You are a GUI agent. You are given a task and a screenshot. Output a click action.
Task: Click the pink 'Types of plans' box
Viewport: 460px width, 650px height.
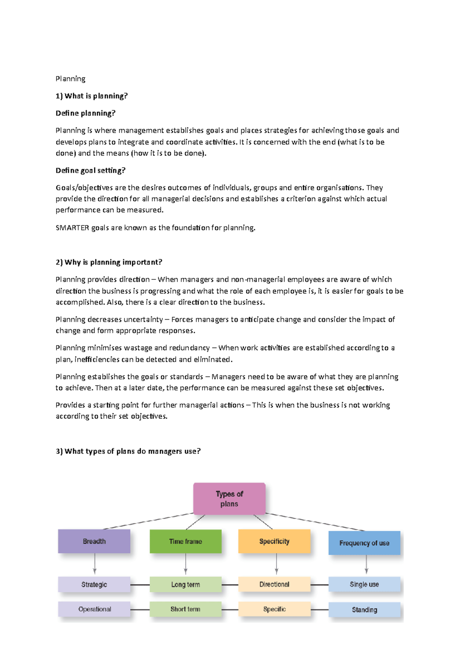(229, 498)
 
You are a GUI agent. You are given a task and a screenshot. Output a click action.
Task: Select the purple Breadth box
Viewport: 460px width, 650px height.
(94, 541)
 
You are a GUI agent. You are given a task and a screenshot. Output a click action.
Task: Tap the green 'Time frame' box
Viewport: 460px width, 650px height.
(186, 541)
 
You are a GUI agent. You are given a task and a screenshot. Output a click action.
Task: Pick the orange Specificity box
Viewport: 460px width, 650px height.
(274, 541)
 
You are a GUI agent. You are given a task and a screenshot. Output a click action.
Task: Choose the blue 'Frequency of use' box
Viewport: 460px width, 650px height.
(364, 543)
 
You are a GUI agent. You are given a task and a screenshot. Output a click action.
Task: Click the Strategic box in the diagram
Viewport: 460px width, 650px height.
(94, 585)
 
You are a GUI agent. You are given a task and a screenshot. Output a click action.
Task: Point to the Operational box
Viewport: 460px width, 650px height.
(94, 609)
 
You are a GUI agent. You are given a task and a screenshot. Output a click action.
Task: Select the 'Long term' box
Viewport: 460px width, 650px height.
(186, 585)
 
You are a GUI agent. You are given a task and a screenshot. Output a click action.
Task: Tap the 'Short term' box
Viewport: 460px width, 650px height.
(186, 609)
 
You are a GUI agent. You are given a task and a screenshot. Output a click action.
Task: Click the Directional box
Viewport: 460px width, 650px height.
(274, 584)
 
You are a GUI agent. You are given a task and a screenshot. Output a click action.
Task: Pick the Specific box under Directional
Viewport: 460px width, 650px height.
(274, 609)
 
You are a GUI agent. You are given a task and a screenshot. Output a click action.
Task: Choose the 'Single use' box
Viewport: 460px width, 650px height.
(364, 585)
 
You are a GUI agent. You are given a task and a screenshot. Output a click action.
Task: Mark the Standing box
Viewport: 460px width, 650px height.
(364, 610)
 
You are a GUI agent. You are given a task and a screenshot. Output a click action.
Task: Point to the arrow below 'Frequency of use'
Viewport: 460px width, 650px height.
(366, 564)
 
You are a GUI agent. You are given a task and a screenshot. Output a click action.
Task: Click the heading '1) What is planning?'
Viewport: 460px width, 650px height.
(92, 96)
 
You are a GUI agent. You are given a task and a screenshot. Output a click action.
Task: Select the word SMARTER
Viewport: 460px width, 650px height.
(72, 228)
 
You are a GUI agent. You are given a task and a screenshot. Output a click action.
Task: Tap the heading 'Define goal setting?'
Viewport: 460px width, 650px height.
(90, 170)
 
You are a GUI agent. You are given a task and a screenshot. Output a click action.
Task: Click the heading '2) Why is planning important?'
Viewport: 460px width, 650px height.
(109, 262)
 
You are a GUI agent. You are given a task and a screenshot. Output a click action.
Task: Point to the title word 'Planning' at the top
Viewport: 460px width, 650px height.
(71, 79)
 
